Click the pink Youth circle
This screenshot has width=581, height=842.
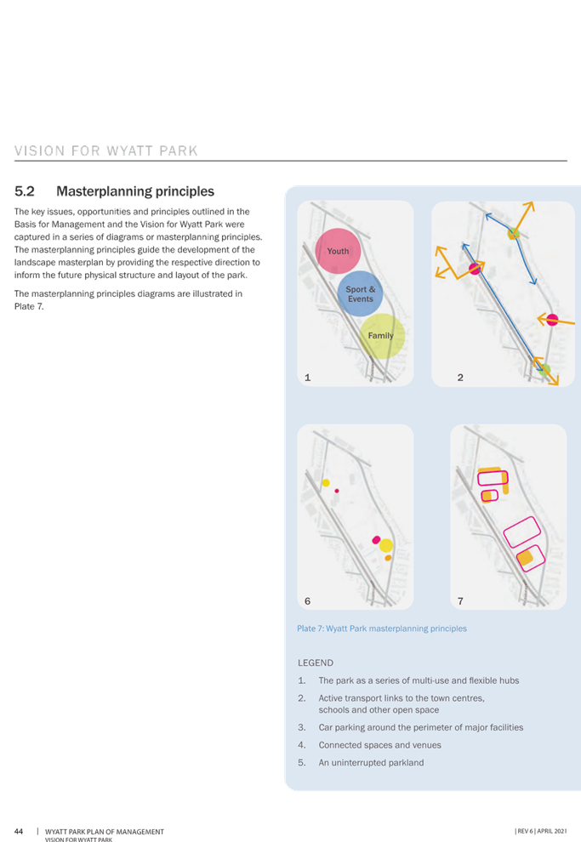338,251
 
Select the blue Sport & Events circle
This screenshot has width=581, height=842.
361,293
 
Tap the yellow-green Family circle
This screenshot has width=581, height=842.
382,336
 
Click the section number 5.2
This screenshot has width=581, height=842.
25,191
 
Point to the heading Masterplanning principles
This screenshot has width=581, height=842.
135,191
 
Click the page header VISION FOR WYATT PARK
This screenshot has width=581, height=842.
106,151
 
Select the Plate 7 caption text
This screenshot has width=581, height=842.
382,629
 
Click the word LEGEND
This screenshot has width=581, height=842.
316,663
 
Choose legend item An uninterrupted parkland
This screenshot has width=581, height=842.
371,763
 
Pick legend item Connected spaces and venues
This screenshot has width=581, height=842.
379,745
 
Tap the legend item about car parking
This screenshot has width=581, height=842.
420,727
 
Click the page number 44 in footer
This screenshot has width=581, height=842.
19,831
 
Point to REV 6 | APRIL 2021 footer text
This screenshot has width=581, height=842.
541,831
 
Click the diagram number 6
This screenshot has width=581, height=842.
307,601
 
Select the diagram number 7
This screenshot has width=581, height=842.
460,601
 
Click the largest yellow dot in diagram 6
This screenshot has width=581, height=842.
386,545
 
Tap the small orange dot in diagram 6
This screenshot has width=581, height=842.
388,558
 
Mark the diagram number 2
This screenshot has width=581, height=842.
460,378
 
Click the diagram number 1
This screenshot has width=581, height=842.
307,378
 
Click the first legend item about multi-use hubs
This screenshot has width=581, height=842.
419,680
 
